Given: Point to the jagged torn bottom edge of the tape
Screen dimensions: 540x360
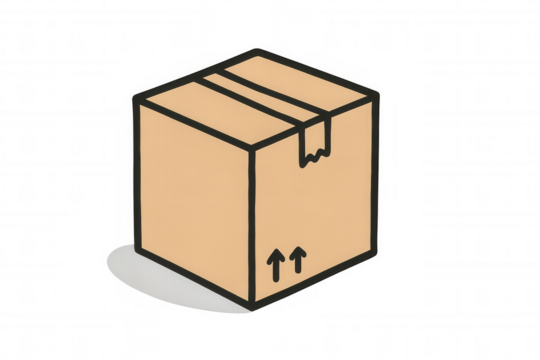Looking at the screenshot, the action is click(313, 158).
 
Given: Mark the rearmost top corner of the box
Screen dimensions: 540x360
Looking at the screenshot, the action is click(258, 49).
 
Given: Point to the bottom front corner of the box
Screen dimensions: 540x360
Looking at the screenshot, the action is click(251, 305).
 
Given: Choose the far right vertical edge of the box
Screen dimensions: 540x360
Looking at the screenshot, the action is click(378, 175).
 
